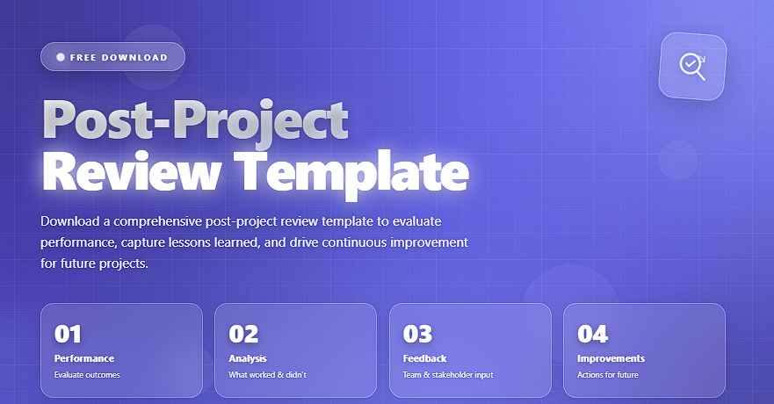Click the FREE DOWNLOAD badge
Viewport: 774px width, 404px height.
click(112, 57)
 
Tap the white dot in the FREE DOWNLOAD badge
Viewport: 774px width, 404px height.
click(61, 57)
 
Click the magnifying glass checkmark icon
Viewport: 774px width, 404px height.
click(692, 66)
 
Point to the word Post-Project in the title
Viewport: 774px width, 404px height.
click(196, 121)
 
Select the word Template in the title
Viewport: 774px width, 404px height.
click(351, 174)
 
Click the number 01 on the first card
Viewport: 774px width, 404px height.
click(68, 334)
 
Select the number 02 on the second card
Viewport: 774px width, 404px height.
click(243, 334)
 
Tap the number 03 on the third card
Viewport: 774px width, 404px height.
click(417, 334)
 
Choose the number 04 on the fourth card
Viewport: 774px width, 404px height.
click(593, 334)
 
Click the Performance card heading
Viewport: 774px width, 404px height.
click(84, 358)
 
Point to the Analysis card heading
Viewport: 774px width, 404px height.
click(247, 358)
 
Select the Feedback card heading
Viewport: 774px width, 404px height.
click(424, 358)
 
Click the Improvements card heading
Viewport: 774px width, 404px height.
click(611, 358)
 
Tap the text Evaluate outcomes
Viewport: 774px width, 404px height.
click(87, 375)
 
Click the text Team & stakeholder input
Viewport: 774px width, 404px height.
click(448, 375)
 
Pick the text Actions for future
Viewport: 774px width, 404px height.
click(608, 375)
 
